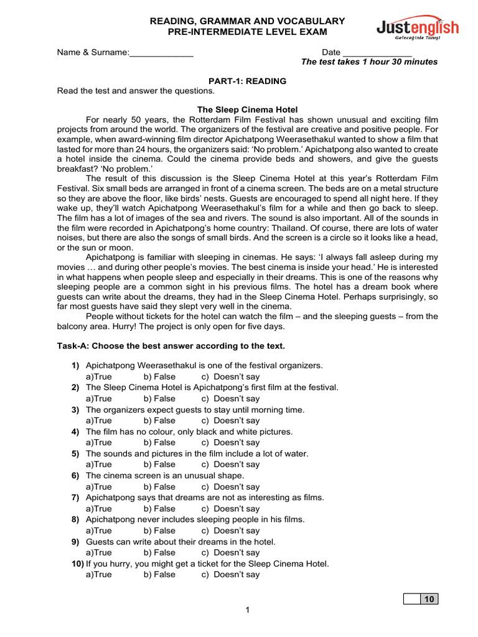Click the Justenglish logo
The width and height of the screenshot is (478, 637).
(x=418, y=29)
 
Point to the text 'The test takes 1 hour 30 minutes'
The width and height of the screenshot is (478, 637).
(x=369, y=62)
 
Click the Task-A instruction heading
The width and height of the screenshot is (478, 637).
(x=171, y=346)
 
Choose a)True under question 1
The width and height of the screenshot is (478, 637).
(x=99, y=377)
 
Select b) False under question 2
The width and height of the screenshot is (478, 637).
(x=159, y=399)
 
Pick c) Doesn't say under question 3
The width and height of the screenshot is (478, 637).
(x=230, y=421)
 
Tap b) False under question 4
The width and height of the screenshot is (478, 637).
(x=159, y=443)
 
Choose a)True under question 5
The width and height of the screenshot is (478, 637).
(x=99, y=465)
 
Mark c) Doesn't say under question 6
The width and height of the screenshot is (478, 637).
(x=230, y=487)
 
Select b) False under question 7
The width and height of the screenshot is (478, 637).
(x=159, y=509)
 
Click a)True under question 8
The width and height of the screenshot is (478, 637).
(x=99, y=531)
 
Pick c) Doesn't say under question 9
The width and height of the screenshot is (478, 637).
(x=230, y=553)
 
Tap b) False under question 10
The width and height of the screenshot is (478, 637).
(x=159, y=575)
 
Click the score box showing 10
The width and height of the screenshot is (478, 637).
(x=428, y=599)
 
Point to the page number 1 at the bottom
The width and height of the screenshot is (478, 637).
(x=247, y=610)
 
